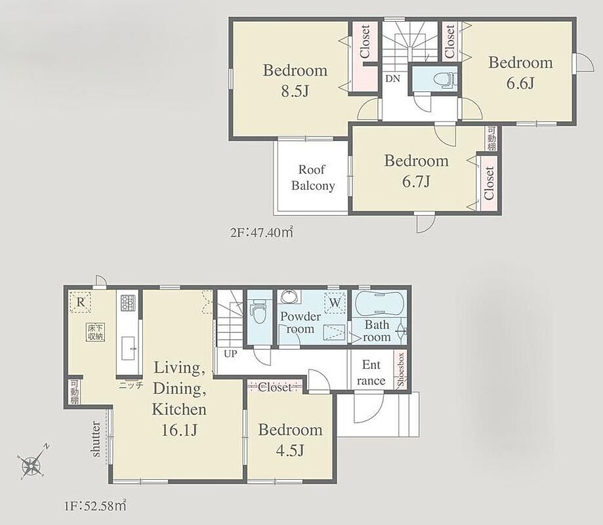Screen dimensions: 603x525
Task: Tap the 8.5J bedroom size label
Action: [295, 91]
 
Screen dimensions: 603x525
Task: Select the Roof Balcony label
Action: [312, 177]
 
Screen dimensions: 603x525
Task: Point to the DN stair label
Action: [392, 79]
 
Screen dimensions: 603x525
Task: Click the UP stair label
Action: [230, 354]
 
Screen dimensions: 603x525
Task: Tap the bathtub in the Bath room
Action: [378, 303]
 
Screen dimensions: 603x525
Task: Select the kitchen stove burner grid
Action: [128, 303]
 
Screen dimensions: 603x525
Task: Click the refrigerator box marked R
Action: [80, 302]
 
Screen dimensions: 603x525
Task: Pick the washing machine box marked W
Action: [335, 303]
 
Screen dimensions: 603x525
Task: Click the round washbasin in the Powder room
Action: [289, 297]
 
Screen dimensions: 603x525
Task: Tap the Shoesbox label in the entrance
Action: [401, 369]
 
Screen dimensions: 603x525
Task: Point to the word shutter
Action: [95, 439]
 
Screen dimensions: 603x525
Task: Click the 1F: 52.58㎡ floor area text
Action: [94, 505]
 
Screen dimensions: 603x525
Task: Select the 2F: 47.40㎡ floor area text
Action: [262, 232]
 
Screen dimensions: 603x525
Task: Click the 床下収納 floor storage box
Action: [95, 332]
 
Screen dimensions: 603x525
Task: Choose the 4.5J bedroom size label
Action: [290, 450]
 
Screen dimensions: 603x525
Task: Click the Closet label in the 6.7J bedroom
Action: [489, 183]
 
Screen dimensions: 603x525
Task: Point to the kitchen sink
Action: [128, 348]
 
